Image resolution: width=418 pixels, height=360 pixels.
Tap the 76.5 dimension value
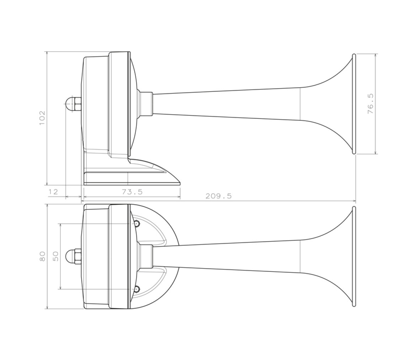(370, 104)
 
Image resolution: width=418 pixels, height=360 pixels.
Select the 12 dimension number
(53, 192)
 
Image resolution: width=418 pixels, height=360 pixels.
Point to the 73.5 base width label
(132, 192)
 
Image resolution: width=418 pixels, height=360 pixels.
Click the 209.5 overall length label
(219, 196)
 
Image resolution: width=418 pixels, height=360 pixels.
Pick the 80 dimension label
(42, 256)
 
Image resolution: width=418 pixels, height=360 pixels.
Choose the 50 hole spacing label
(55, 256)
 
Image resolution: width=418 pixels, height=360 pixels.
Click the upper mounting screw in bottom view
(136, 224)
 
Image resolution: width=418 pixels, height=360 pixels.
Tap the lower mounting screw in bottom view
(136, 289)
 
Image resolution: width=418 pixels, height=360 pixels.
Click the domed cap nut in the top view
(73, 103)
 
